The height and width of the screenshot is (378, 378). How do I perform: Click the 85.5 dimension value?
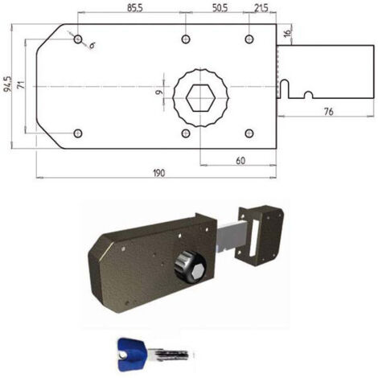135,8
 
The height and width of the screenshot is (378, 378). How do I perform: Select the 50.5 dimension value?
220,8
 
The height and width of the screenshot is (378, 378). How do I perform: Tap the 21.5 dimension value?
261,8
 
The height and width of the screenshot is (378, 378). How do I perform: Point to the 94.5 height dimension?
7,84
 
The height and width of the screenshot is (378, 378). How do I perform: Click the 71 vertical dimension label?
22,84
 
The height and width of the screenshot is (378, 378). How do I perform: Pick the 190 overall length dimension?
159,173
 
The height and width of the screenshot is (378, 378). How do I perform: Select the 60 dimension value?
240,161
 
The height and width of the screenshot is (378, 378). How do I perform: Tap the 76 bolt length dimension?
328,112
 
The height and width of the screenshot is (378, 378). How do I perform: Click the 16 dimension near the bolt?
287,33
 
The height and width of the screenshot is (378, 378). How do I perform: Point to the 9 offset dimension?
159,92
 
